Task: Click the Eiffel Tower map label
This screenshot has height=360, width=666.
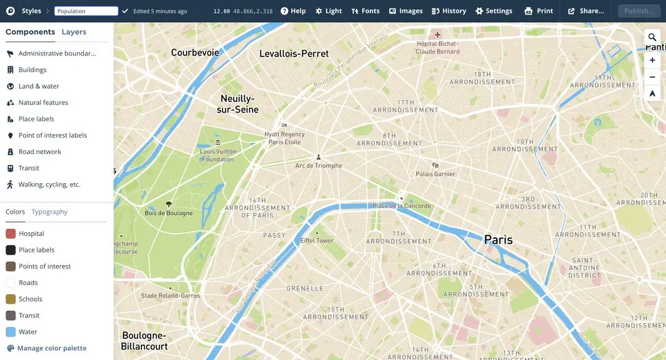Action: [x=316, y=241]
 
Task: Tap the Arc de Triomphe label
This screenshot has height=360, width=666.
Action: [x=318, y=166]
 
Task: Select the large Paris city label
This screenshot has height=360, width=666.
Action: [x=498, y=239]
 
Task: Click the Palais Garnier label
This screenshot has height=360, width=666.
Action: [x=435, y=174]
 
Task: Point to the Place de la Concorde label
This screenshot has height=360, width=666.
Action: [x=402, y=206]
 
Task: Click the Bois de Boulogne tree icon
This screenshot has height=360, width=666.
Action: [x=169, y=204]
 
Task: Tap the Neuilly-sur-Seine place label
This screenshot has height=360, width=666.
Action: [x=237, y=104]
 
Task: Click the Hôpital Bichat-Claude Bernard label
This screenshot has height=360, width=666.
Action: [x=437, y=47]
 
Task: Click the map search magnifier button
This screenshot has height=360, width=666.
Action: [x=652, y=37]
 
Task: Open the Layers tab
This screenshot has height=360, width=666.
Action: [x=74, y=32]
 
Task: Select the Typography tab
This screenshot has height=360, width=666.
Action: [x=49, y=212]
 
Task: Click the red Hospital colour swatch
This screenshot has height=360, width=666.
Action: [x=10, y=234]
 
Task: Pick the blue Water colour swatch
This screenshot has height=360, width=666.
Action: [x=10, y=332]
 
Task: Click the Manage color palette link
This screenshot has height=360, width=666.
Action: [x=52, y=348]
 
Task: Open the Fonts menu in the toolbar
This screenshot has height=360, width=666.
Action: [x=365, y=11]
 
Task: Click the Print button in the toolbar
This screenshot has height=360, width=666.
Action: [x=538, y=11]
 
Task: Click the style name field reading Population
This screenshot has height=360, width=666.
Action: [x=86, y=11]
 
